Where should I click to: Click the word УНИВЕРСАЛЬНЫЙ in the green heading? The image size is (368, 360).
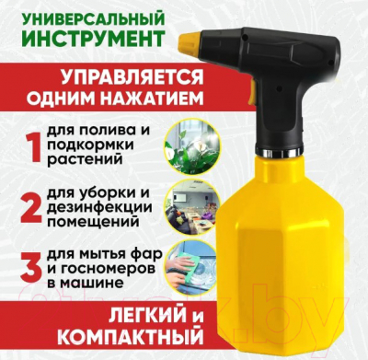click(x=93, y=19)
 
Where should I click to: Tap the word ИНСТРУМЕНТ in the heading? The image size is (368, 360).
click(x=93, y=40)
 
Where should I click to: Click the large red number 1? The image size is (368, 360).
click(x=33, y=146)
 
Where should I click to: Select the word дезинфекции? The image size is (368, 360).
click(x=99, y=206)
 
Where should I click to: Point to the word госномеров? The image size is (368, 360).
click(x=105, y=267)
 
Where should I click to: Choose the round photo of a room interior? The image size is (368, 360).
click(x=192, y=205)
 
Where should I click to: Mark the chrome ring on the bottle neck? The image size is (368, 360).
click(x=278, y=151)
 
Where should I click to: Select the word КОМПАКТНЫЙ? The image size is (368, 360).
click(x=131, y=338)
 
